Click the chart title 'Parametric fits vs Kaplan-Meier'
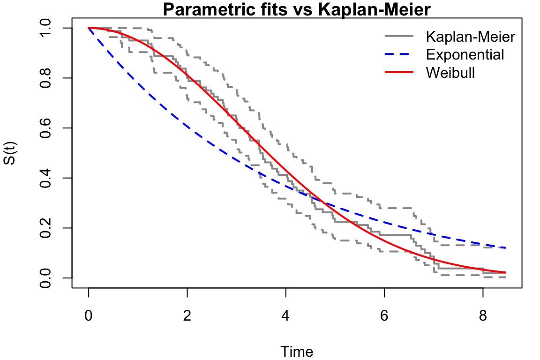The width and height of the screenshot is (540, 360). click(297, 9)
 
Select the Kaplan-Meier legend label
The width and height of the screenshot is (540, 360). click(471, 37)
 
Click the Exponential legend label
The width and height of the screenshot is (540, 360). click(465, 54)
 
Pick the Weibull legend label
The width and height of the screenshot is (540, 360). click(450, 73)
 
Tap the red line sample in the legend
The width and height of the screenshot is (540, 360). click(399, 72)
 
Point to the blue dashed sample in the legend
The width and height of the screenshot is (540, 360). click(399, 54)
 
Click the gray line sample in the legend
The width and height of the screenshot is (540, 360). click(399, 36)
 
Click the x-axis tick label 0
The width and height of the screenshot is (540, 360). click(89, 315)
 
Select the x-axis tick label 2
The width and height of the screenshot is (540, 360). click(187, 315)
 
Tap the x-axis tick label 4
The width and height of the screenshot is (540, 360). click(285, 315)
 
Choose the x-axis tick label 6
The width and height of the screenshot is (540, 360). click(384, 315)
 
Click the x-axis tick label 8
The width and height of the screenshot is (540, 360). click(483, 315)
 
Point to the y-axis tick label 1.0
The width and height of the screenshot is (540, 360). click(45, 28)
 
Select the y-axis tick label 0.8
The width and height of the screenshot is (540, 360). click(45, 78)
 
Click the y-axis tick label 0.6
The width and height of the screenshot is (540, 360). click(45, 128)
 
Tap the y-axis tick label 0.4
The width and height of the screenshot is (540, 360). click(45, 178)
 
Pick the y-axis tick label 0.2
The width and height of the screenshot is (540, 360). click(45, 228)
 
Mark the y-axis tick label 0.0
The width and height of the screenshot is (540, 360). click(45, 277)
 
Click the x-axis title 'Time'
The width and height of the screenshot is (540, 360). click(297, 352)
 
